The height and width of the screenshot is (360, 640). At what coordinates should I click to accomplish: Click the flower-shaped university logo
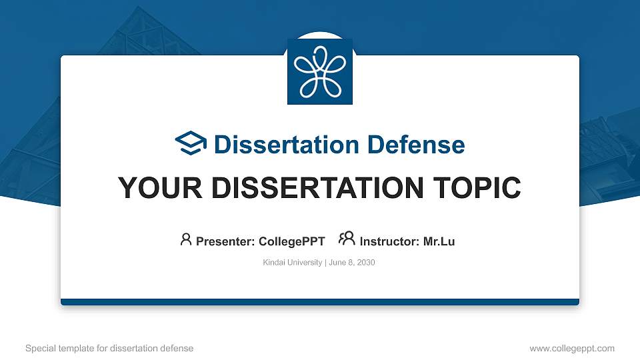pyautogui.click(x=320, y=71)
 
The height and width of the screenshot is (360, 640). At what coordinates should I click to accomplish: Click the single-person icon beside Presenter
pyautogui.click(x=186, y=239)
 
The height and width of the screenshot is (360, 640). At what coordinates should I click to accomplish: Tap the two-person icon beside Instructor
pyautogui.click(x=347, y=239)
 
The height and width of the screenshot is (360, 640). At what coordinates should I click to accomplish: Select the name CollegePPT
pyautogui.click(x=292, y=241)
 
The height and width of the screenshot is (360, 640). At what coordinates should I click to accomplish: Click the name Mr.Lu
pyautogui.click(x=439, y=241)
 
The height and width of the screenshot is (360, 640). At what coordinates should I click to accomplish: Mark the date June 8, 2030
pyautogui.click(x=352, y=263)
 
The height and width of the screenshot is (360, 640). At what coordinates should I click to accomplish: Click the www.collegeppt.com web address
pyautogui.click(x=571, y=348)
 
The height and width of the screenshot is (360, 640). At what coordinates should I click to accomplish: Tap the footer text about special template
pyautogui.click(x=109, y=348)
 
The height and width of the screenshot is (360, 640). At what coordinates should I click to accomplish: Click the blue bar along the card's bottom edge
pyautogui.click(x=320, y=302)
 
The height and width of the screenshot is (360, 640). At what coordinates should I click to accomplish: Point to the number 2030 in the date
pyautogui.click(x=366, y=263)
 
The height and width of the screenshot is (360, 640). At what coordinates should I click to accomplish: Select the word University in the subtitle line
pyautogui.click(x=305, y=263)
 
